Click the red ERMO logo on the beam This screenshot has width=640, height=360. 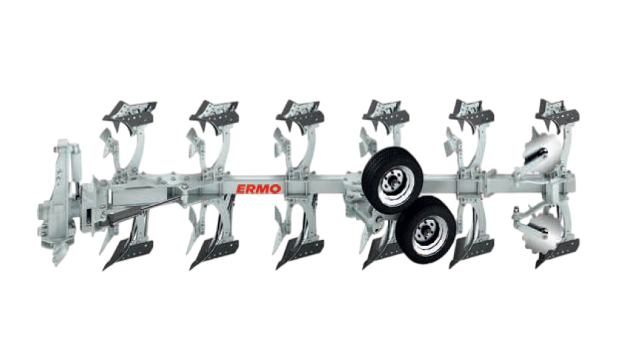(x=258, y=189)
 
